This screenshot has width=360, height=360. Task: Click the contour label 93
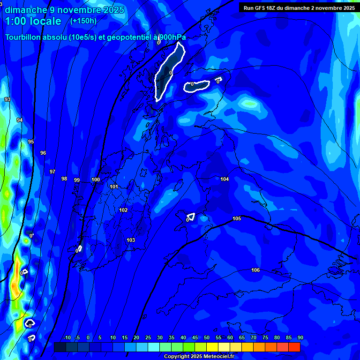tap(7, 99)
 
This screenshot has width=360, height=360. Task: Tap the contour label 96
tap(43, 153)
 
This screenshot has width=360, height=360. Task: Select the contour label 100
tap(96, 180)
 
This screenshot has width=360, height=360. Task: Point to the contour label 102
tap(123, 210)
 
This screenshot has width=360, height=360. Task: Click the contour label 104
tap(225, 179)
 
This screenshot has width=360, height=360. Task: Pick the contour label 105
tap(237, 218)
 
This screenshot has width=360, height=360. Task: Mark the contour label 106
tap(255, 270)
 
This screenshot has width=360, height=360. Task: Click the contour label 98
tap(64, 179)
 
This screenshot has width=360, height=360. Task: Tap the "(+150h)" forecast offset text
tap(83, 21)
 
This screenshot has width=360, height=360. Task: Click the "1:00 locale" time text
tap(33, 21)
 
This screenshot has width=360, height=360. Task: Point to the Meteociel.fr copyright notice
tap(198, 357)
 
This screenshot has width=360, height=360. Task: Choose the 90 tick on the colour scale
tap(300, 337)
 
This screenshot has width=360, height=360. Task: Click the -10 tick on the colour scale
tap(67, 337)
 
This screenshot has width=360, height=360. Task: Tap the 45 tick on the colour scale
tap(195, 337)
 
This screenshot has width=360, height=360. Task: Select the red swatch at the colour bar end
tap(294, 347)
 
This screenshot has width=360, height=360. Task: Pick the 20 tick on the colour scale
tap(136, 337)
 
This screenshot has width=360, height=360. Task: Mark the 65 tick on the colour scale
tap(242, 337)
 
